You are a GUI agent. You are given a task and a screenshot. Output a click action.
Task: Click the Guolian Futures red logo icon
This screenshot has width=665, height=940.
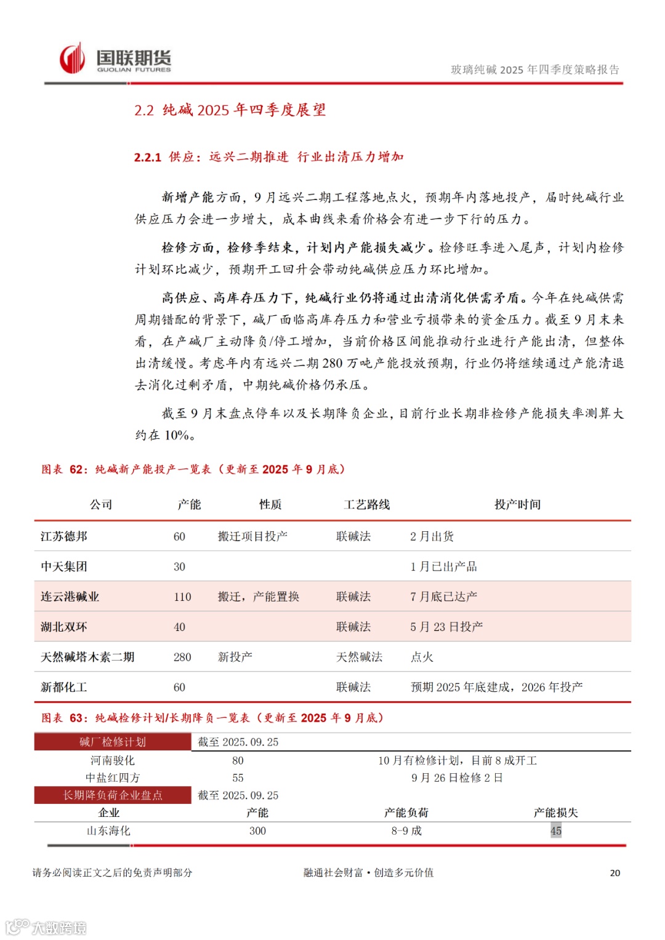72,59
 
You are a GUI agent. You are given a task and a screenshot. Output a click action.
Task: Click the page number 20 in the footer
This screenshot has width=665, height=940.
615,873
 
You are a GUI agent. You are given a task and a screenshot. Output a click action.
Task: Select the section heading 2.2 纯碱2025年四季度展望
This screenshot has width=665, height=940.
230,110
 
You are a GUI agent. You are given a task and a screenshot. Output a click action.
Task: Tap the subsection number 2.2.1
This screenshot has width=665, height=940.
148,158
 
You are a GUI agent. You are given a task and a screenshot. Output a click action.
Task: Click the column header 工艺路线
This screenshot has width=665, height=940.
366,505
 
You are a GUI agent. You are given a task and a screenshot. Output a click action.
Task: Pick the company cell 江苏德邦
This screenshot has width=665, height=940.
64,536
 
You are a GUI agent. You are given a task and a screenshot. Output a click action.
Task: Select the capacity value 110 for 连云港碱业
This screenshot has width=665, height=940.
182,597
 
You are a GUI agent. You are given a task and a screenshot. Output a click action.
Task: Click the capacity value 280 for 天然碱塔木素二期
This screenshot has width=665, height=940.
182,657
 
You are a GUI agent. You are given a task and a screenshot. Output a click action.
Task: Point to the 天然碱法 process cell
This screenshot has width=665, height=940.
359,657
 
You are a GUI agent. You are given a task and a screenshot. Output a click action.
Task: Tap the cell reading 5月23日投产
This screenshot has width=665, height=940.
446,627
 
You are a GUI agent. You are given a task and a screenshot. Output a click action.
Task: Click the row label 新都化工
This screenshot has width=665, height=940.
64,687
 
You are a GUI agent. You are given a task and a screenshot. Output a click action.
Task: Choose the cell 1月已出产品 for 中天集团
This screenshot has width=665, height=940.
443,566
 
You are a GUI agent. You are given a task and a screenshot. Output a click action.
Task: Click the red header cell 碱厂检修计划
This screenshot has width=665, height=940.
113,742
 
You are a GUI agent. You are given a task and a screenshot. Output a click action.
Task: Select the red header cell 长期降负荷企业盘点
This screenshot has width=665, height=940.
113,795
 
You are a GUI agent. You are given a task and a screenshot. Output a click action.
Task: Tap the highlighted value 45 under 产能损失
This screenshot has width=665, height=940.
556,831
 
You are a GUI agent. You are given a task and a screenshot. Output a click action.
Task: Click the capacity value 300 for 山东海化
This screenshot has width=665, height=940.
257,831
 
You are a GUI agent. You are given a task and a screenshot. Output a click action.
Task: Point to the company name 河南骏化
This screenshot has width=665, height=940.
112,761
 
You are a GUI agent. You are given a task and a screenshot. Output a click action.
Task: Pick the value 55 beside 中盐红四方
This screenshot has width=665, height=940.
238,778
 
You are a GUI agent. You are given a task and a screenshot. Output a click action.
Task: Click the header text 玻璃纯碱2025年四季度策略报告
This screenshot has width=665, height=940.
535,70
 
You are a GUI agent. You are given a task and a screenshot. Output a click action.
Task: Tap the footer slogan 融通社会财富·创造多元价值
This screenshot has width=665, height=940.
368,873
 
